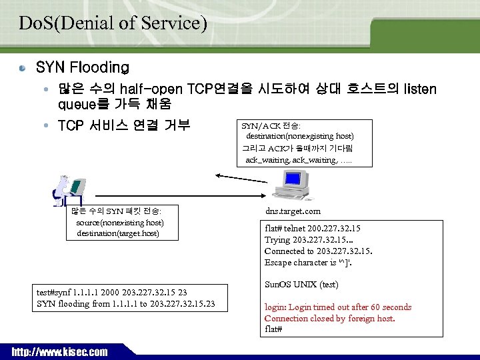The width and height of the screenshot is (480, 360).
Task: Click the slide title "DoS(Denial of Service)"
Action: [x=113, y=23]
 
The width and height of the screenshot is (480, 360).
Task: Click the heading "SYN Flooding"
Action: [x=83, y=67]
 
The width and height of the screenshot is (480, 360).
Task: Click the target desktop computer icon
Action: [x=293, y=186]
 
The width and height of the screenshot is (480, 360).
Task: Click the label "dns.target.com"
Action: [x=293, y=211]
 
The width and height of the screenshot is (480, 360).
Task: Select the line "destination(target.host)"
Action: [x=118, y=233]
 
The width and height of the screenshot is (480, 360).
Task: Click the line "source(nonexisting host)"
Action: [x=120, y=222]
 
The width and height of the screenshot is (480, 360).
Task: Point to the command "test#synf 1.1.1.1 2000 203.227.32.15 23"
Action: [x=112, y=292]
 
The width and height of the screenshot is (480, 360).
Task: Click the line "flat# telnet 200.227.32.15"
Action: [x=313, y=229]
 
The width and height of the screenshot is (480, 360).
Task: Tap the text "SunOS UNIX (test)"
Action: [x=301, y=285]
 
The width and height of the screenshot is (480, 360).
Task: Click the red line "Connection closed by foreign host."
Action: [x=329, y=319]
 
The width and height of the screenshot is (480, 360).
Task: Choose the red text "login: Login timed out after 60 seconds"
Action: [x=338, y=307]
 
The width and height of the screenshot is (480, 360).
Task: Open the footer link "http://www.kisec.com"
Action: [x=59, y=352]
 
